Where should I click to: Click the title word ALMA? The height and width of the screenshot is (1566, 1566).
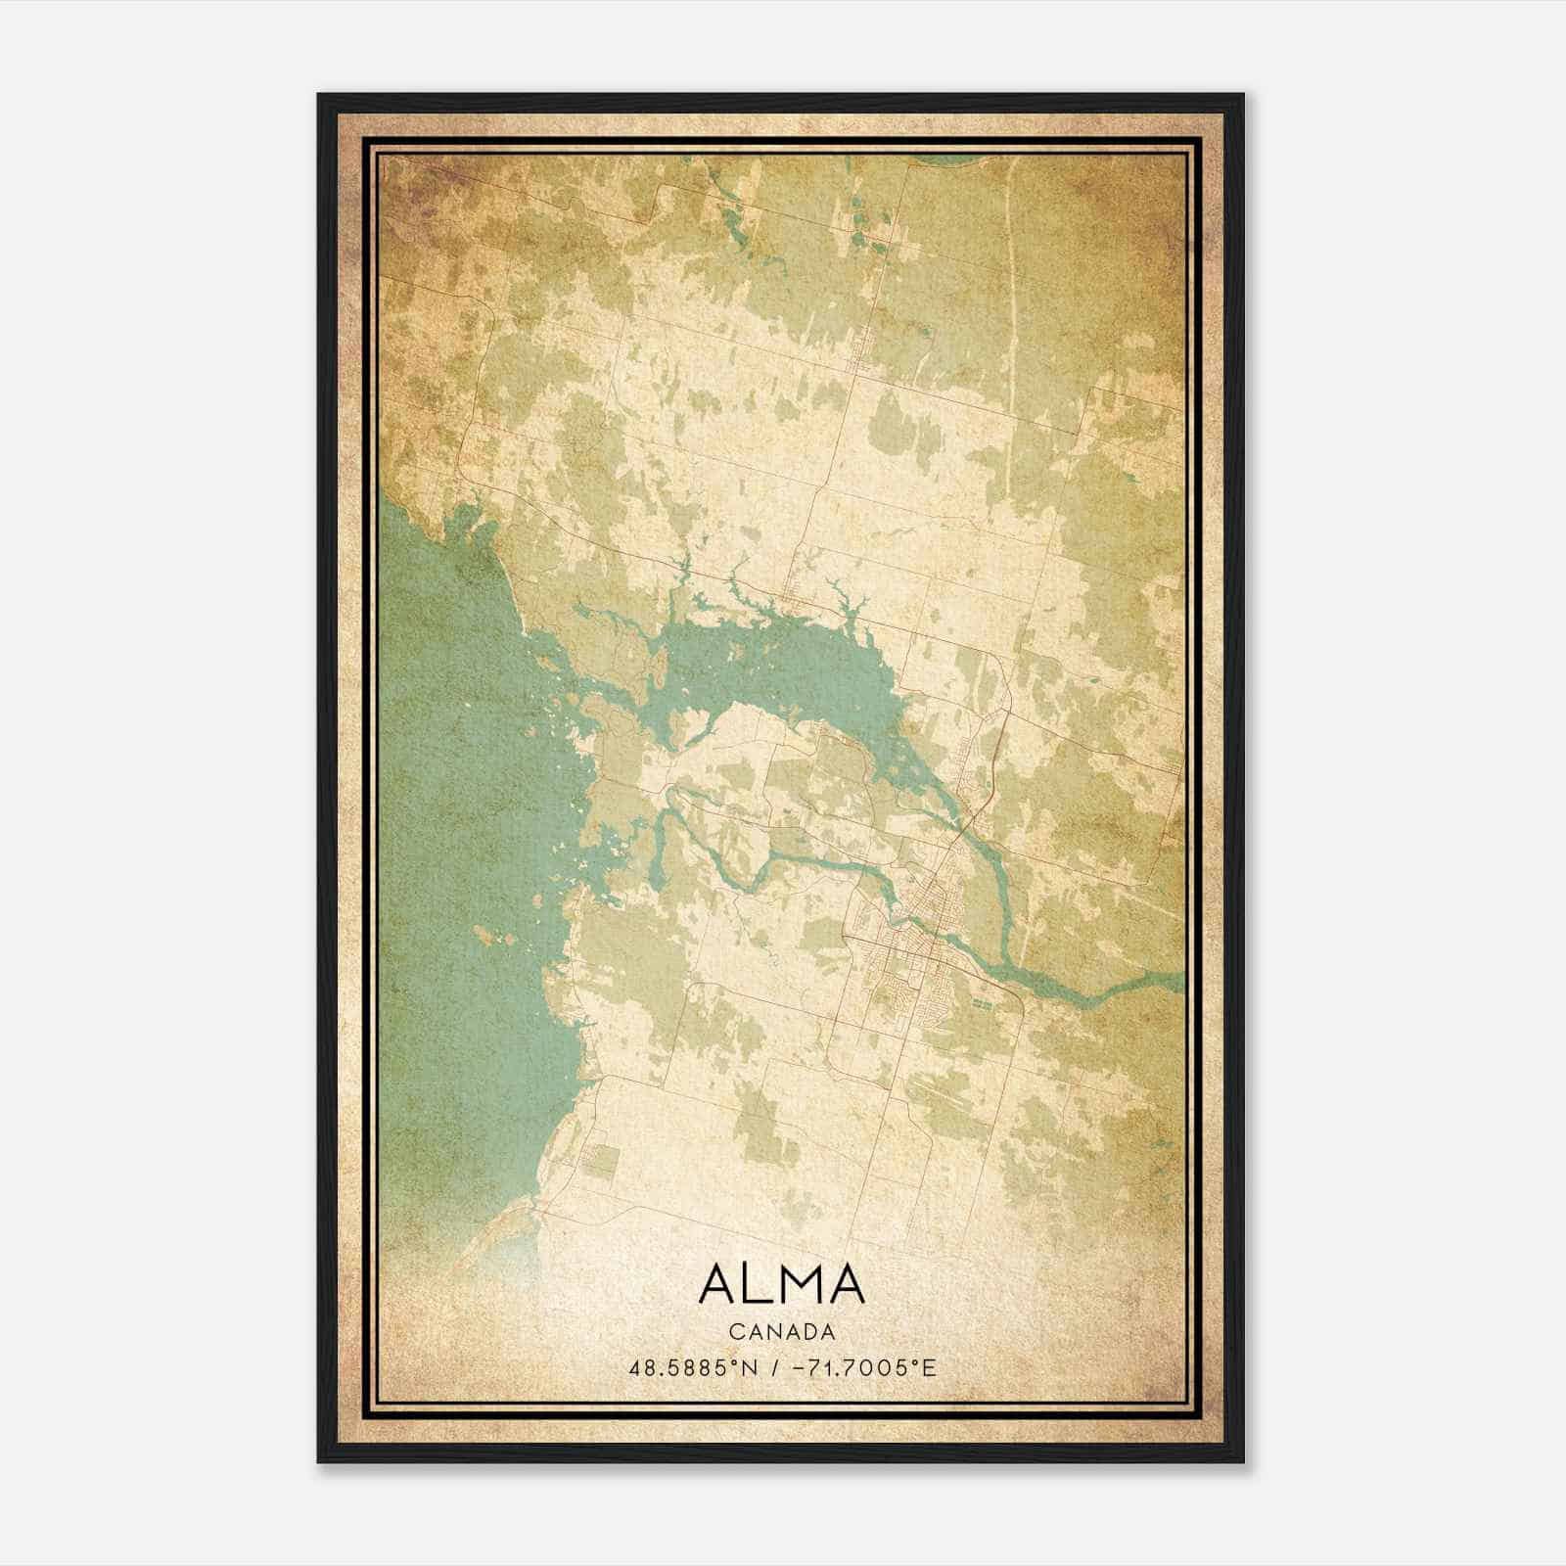pyautogui.click(x=781, y=1284)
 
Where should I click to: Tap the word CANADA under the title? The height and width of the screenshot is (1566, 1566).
pyautogui.click(x=781, y=1332)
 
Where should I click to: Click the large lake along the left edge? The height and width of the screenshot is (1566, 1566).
pyautogui.click(x=460, y=832)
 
